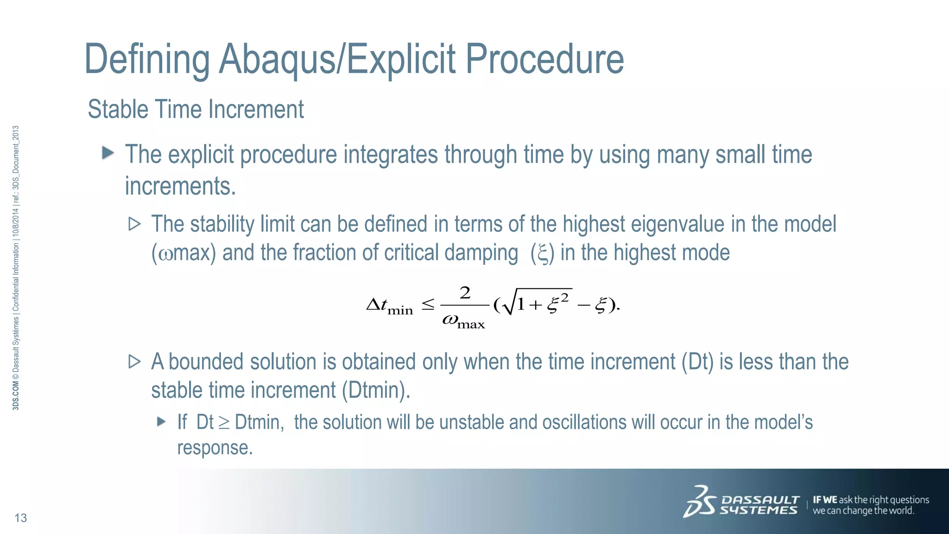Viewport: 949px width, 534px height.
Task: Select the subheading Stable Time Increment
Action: pyautogui.click(x=196, y=109)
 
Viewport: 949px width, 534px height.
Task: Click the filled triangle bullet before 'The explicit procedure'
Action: pyautogui.click(x=108, y=153)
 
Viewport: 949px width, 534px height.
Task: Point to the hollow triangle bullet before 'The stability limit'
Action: pyautogui.click(x=134, y=224)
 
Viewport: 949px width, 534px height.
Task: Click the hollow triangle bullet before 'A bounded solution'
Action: pyautogui.click(x=134, y=362)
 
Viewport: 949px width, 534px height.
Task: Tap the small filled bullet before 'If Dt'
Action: pyautogui.click(x=161, y=421)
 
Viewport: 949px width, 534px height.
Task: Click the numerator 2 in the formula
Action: pyautogui.click(x=465, y=293)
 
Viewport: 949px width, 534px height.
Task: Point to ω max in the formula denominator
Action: pyautogui.click(x=463, y=321)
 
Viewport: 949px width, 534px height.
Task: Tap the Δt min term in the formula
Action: pyautogui.click(x=389, y=306)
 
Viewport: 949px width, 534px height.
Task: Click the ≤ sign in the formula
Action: pyautogui.click(x=428, y=305)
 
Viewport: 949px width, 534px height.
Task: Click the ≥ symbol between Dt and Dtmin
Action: pyautogui.click(x=224, y=423)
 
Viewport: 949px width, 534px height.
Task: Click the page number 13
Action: pyautogui.click(x=21, y=518)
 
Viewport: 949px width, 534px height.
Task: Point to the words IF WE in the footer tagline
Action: pyautogui.click(x=825, y=500)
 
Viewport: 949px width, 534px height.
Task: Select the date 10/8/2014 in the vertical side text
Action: pyautogui.click(x=16, y=223)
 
